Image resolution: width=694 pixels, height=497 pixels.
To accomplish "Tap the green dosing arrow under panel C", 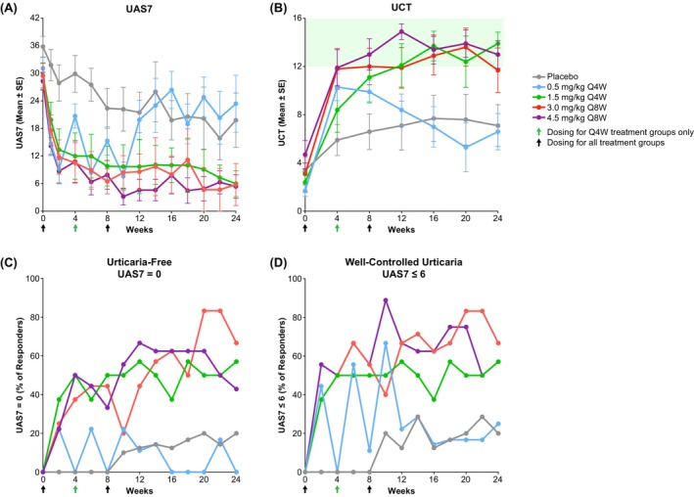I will [x=75, y=485].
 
